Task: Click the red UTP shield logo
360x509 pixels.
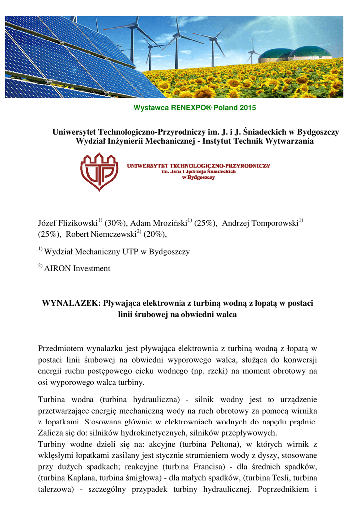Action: [x=99, y=171]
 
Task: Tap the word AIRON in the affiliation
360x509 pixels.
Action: [x=58, y=269]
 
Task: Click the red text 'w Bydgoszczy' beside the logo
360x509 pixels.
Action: [x=198, y=177]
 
